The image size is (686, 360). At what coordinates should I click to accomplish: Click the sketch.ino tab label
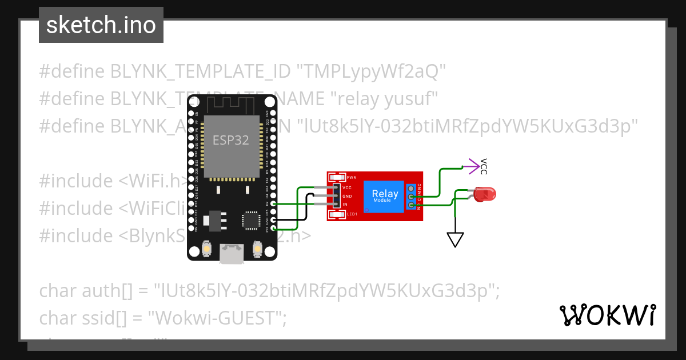click(x=101, y=25)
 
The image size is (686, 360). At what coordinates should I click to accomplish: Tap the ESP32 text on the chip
click(x=230, y=140)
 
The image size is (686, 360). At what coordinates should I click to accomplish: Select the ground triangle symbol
click(x=455, y=239)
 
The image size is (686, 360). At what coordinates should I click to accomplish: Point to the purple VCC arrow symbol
click(x=473, y=166)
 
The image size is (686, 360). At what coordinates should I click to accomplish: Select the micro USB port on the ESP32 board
click(x=232, y=253)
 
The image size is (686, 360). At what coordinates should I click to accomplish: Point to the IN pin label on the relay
click(x=345, y=204)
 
